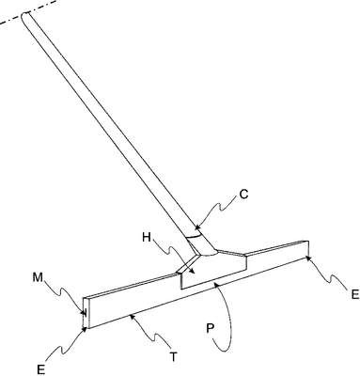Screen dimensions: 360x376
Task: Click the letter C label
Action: coord(243,195)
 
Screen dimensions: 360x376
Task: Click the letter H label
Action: coord(147,238)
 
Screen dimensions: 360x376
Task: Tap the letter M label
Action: coord(38,277)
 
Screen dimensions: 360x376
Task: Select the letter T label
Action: coord(173,357)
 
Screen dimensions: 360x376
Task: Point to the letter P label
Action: coord(211,328)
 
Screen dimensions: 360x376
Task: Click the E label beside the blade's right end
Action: coord(355,295)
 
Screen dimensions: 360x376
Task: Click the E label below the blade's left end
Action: coord(40,369)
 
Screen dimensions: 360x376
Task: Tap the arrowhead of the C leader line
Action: coord(196,228)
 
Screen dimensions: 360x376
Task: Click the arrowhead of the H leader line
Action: coord(192,272)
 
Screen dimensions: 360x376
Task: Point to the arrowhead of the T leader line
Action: coord(133,316)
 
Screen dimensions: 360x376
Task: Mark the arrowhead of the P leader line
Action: coord(215,284)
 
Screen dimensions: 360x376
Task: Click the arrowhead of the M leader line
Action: coord(84,312)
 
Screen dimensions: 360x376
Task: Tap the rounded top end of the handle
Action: coord(24,16)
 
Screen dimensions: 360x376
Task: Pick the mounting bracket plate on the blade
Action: coord(214,269)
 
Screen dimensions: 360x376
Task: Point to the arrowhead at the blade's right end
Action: coord(308,258)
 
